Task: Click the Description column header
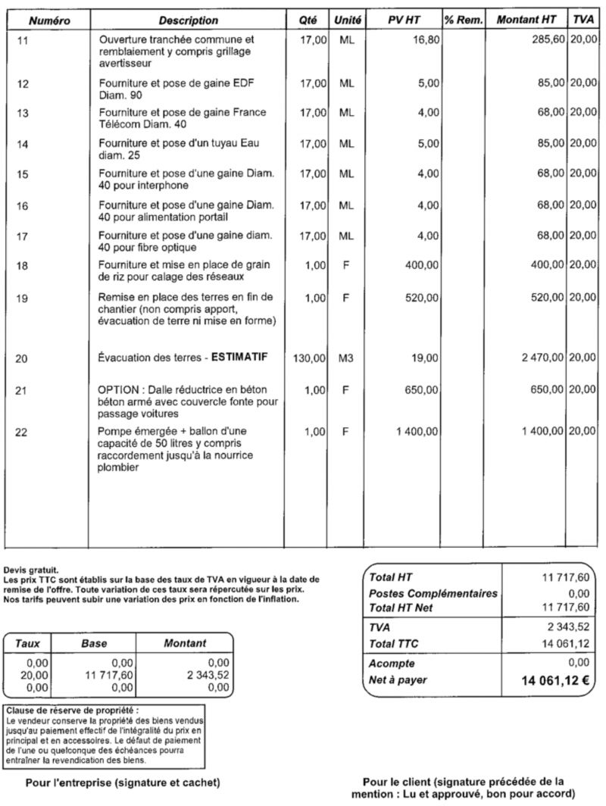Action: [x=189, y=20]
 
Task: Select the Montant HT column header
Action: [x=526, y=20]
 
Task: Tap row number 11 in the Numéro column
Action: [x=23, y=39]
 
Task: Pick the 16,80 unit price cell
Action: [x=426, y=39]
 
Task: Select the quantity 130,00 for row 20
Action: [x=308, y=358]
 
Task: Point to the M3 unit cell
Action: [x=346, y=358]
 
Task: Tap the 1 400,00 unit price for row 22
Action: [x=417, y=432]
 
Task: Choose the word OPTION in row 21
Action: [x=118, y=389]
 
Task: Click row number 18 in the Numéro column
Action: [x=23, y=265]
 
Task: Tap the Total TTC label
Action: [x=394, y=644]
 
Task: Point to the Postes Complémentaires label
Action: [x=433, y=593]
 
